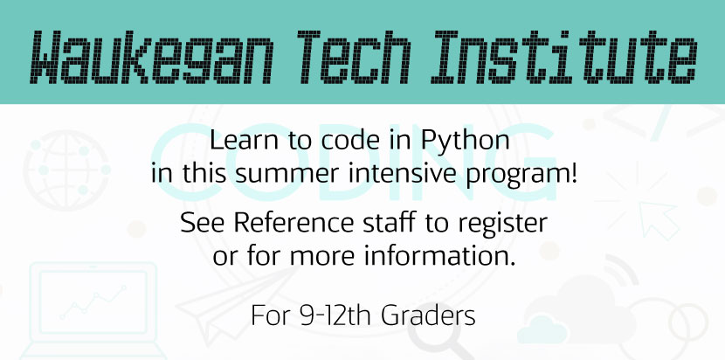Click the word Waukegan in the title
coord(152,58)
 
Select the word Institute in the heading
coord(563,58)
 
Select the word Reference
coord(294,223)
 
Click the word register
coord(502,224)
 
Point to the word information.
coord(439,256)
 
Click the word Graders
coord(429,316)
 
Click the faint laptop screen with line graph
coord(93,301)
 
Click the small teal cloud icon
coord(542,329)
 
